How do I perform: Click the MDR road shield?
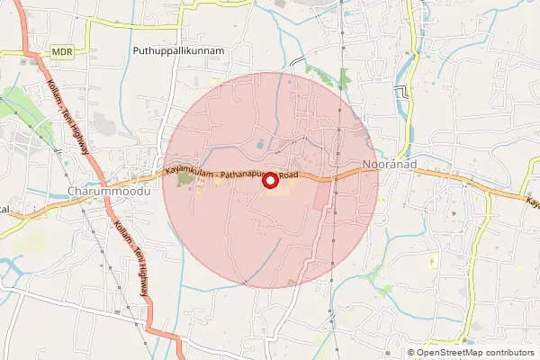coord(62,53)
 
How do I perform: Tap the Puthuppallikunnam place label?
coord(177,51)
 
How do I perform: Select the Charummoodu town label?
coord(108,192)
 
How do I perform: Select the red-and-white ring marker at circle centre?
coord(269,181)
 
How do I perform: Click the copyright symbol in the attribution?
coord(412,353)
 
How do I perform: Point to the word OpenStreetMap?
coord(453,353)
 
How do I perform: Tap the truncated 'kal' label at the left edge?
coord(4,209)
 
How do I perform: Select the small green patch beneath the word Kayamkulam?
coord(184,180)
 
